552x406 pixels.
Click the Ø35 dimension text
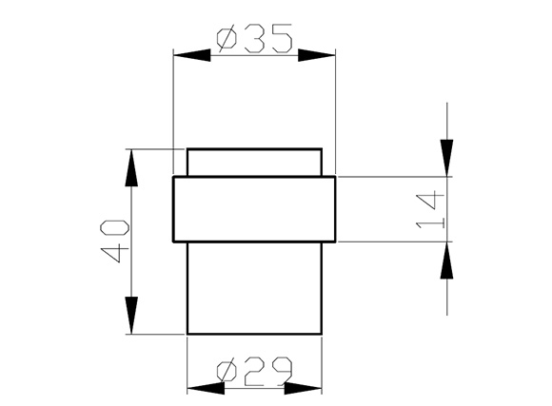(254, 38)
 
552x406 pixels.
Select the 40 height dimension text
(114, 241)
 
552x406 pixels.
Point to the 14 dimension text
(430, 210)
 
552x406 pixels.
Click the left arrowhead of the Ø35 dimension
(192, 55)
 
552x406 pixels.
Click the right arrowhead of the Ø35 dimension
(317, 55)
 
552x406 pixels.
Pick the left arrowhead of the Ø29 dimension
(206, 388)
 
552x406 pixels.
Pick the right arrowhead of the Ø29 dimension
(303, 388)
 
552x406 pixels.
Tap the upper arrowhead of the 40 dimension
(131, 167)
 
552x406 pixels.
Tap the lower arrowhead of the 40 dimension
(131, 316)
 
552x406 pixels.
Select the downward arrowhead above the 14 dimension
(446, 158)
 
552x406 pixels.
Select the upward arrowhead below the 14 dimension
(446, 261)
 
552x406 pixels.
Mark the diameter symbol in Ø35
(227, 38)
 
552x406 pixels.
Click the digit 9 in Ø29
(282, 371)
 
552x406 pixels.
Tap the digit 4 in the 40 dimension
(114, 253)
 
